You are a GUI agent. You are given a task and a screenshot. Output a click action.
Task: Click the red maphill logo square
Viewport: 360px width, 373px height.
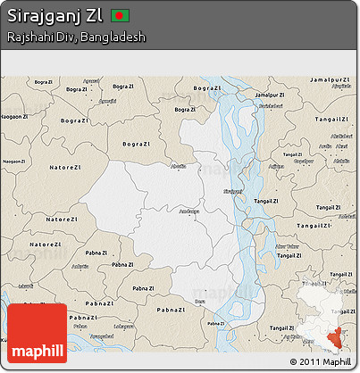coord(38,334)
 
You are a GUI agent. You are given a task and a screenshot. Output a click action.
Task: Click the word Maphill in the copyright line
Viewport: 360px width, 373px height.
coord(338,361)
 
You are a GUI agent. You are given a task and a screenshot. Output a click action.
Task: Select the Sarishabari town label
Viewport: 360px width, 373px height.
coord(271,106)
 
